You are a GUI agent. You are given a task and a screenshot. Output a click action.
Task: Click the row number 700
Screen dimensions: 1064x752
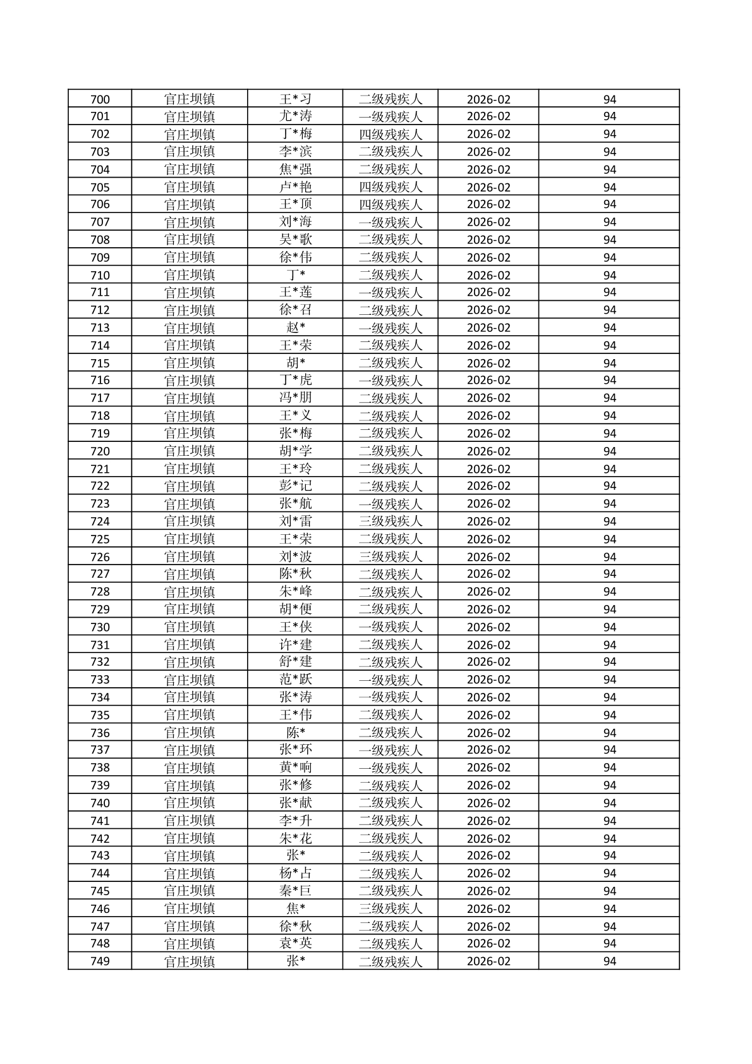(100, 99)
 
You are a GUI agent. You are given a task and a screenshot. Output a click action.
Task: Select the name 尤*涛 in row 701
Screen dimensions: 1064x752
(295, 116)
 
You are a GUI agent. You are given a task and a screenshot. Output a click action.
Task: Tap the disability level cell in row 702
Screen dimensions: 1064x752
(390, 134)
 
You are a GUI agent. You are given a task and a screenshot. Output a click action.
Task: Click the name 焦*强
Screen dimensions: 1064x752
(295, 169)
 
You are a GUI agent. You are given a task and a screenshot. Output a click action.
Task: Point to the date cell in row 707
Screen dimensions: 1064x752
(488, 222)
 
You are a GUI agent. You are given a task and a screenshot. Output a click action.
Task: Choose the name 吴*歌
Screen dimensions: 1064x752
(295, 240)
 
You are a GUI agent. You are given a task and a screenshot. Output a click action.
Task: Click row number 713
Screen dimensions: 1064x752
(100, 327)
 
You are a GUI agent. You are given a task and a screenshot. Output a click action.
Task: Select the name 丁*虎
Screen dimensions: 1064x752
(295, 380)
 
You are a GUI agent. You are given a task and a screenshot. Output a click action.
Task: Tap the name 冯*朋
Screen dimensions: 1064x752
(295, 398)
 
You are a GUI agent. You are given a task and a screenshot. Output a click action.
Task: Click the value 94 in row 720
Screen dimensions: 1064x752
(609, 451)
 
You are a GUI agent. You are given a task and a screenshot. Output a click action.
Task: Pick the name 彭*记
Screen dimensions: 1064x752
(295, 486)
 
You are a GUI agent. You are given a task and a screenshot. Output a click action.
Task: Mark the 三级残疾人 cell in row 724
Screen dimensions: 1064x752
(390, 521)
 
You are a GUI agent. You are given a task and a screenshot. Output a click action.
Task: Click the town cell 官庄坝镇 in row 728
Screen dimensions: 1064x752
(190, 592)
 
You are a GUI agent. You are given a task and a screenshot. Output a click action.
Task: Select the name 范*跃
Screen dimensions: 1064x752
(295, 680)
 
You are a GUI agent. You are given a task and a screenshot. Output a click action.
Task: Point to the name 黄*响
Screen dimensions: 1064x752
(295, 767)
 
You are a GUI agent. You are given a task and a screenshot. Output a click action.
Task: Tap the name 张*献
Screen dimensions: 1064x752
(295, 803)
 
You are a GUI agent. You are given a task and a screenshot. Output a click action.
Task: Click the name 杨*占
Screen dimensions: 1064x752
(295, 873)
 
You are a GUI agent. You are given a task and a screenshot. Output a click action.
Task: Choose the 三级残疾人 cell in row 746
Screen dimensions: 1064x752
(390, 908)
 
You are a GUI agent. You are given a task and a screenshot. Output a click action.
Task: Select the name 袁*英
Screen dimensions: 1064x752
(295, 943)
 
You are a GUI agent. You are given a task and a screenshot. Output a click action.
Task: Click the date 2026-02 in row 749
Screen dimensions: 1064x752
(488, 961)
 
